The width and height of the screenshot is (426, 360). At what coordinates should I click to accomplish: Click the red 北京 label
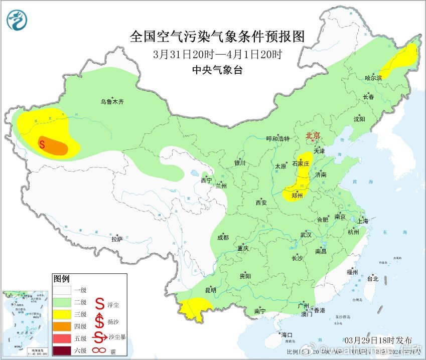coord(313,135)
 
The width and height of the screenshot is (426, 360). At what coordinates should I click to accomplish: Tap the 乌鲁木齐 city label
coord(111,102)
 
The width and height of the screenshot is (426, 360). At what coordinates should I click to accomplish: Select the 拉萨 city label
coord(117,239)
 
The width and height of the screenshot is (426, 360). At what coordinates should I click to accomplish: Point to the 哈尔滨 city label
coord(373,78)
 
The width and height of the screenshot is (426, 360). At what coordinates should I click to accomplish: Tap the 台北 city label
coord(372,279)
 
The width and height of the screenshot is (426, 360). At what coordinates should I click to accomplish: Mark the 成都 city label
coord(223,238)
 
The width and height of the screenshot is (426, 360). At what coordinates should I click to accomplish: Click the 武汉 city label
coord(306,235)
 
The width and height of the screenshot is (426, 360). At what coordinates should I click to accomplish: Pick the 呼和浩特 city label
coord(277,139)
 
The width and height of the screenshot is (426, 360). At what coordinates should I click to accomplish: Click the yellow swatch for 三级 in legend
coord(63,314)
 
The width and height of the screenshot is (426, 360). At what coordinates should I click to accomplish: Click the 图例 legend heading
coord(61,278)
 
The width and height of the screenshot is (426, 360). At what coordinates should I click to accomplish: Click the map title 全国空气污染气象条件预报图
coord(217,36)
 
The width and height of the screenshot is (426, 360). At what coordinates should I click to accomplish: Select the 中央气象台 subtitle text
coord(217,70)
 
